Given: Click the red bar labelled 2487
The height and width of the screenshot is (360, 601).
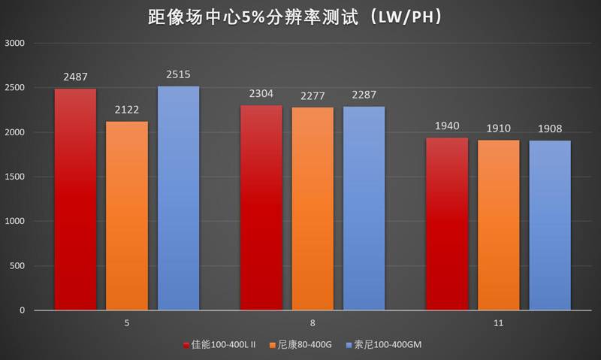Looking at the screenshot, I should [75, 199].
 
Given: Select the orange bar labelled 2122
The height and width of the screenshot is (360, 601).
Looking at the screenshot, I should [127, 216].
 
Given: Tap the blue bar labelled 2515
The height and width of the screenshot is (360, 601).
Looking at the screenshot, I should [178, 198].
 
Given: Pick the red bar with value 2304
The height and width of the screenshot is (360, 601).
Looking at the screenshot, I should [261, 207].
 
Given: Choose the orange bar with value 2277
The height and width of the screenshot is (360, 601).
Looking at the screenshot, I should [313, 208].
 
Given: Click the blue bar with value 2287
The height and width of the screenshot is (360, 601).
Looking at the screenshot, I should [364, 208].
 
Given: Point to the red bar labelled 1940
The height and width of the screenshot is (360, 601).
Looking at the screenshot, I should [447, 223].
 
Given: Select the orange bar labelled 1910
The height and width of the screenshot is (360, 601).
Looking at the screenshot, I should [498, 225].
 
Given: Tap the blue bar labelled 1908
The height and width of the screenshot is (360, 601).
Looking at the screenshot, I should [550, 225].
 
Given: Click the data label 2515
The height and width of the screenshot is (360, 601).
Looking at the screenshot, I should [178, 74].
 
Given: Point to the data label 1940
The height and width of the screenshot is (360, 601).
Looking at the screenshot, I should [447, 126].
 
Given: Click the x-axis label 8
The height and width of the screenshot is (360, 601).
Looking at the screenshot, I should [313, 323].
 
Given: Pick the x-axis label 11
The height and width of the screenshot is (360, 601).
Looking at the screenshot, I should [498, 323].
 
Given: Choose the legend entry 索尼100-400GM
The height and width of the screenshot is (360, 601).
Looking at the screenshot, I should [388, 345].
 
